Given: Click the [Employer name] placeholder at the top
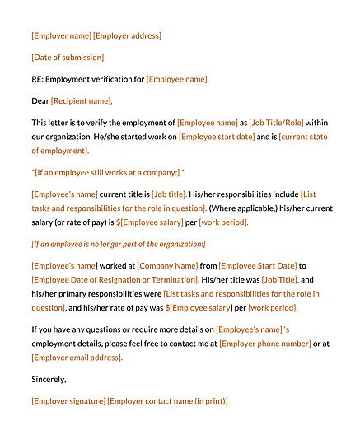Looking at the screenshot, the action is pos(61,35).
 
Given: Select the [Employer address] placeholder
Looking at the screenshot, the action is pos(128,35).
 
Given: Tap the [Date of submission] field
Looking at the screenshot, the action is pos(68,58).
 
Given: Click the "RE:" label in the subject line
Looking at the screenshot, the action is pos(37,79).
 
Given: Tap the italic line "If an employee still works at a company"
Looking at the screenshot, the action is pos(107,172).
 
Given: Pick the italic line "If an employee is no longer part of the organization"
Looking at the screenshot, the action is pos(119,244).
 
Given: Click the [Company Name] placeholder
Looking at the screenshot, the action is pos(168,265).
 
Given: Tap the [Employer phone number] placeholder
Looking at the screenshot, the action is pos(266,343).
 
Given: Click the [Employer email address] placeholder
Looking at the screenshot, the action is pos(77,357).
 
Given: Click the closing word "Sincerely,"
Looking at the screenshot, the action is pos(49,379).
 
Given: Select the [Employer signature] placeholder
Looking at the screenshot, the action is pos(68,401).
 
